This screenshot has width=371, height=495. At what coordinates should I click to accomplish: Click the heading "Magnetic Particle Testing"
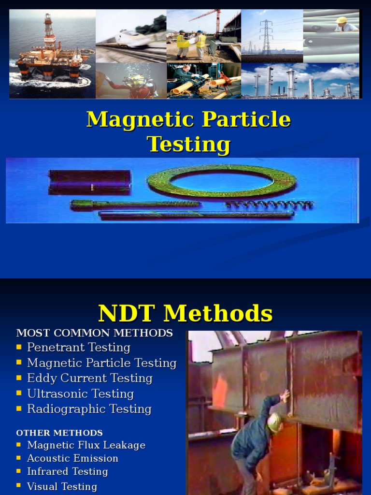pos(188,131)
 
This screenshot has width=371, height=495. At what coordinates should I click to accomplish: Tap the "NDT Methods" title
pos(185,313)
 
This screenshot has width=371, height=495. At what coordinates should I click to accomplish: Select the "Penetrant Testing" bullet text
pos(79,348)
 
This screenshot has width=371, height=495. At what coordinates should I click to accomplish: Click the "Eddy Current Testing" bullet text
pos(90,379)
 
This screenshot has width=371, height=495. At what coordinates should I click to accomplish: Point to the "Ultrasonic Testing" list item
pos(80,394)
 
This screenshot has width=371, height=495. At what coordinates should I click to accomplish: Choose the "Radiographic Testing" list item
pos(89,409)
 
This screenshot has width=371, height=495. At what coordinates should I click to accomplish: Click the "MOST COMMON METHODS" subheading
pos(94,333)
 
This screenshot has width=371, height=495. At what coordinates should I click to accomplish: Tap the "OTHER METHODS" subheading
pos(59,433)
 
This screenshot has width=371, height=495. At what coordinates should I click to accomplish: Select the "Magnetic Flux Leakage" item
pos(86,445)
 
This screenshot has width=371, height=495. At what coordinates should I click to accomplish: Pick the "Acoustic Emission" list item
pos(72,458)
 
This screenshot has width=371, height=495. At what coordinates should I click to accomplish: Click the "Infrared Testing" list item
pos(67,471)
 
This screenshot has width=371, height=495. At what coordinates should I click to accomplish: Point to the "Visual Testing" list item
pos(62,487)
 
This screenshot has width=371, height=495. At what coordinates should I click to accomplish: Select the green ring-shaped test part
pos(221,181)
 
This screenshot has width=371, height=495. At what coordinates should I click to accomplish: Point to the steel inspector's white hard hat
pos(274,422)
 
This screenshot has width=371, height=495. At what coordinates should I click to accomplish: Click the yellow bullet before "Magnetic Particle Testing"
pos(19,363)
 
